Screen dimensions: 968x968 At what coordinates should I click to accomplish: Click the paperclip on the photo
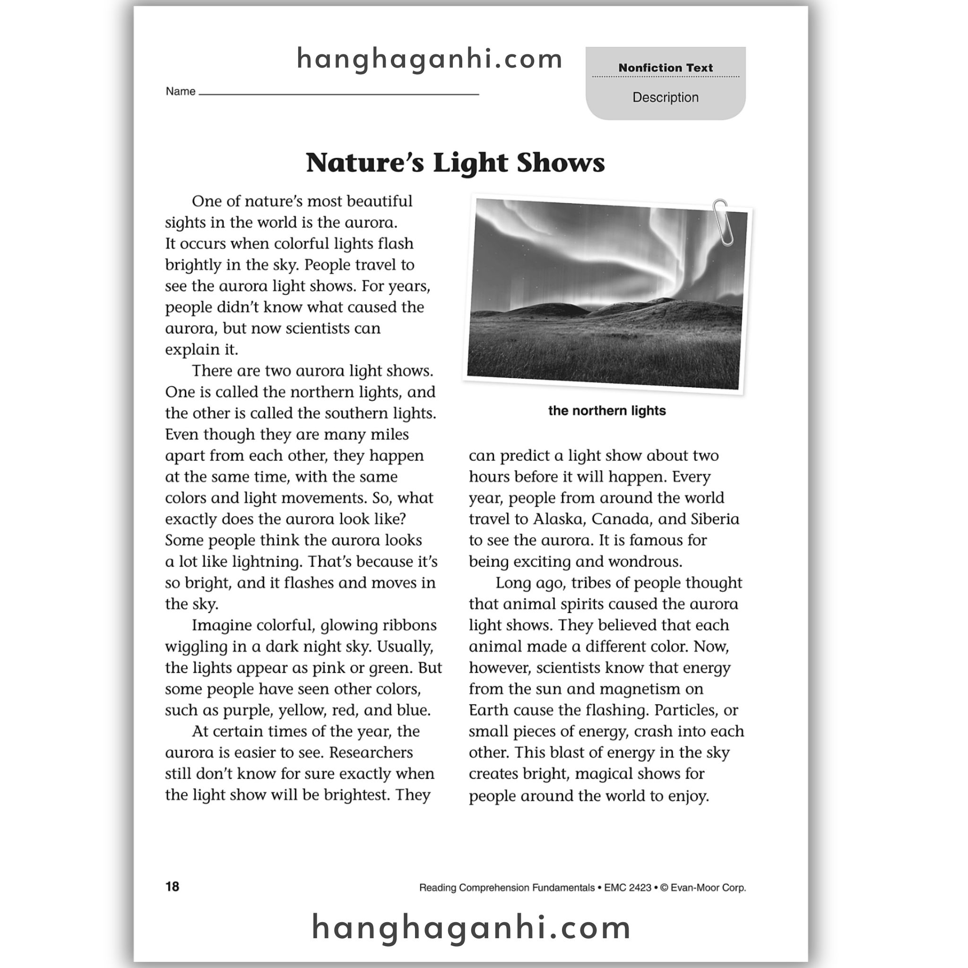click(723, 222)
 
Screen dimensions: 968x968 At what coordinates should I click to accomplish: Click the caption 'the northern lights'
click(607, 411)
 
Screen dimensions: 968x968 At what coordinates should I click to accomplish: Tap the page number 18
click(172, 887)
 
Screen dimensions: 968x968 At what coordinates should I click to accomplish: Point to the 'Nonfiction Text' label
click(665, 68)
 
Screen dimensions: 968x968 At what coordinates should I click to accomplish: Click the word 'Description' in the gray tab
click(665, 97)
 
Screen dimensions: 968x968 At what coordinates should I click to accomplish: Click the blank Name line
click(339, 93)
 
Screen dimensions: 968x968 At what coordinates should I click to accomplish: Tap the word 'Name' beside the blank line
click(181, 91)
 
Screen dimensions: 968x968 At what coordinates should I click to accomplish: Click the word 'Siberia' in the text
click(715, 519)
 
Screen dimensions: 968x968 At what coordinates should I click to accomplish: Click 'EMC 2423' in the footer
click(627, 888)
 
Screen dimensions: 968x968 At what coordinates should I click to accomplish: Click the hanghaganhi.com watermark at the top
click(430, 59)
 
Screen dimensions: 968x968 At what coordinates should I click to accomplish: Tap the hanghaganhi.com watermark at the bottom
click(471, 927)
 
